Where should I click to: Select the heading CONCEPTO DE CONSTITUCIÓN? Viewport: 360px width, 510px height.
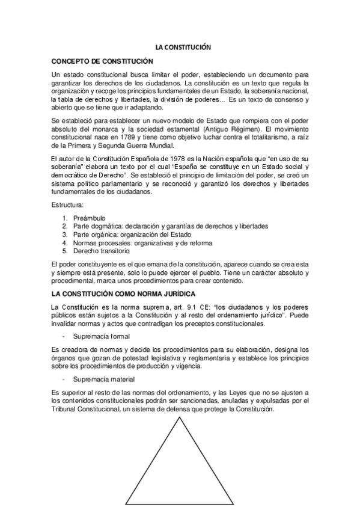102,61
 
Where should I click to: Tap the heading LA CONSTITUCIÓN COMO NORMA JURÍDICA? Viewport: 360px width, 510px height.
123,294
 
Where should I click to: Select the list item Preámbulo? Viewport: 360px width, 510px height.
88,218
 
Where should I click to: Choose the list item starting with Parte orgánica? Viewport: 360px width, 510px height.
132,235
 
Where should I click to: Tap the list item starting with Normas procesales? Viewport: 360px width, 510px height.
142,243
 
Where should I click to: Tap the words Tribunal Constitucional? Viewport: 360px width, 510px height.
88,409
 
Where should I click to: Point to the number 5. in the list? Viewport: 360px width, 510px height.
65,251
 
